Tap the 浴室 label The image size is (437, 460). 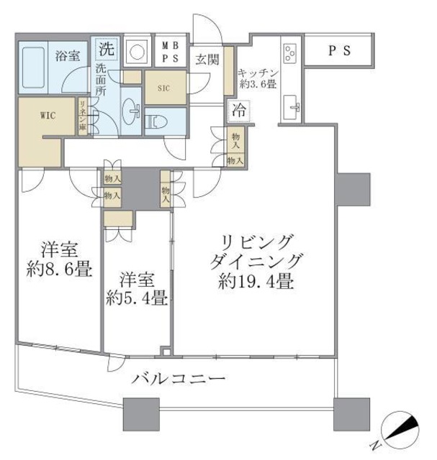(x=68, y=55)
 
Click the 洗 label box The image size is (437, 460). (x=106, y=50)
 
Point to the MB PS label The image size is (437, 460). (x=170, y=52)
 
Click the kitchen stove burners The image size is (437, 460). (x=292, y=52)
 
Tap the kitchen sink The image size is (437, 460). (x=292, y=108)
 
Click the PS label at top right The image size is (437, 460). (x=339, y=50)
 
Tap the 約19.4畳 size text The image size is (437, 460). (x=256, y=282)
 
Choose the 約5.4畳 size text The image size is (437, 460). (x=136, y=297)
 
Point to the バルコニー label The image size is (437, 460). (x=179, y=378)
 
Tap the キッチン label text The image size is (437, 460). (x=256, y=73)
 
